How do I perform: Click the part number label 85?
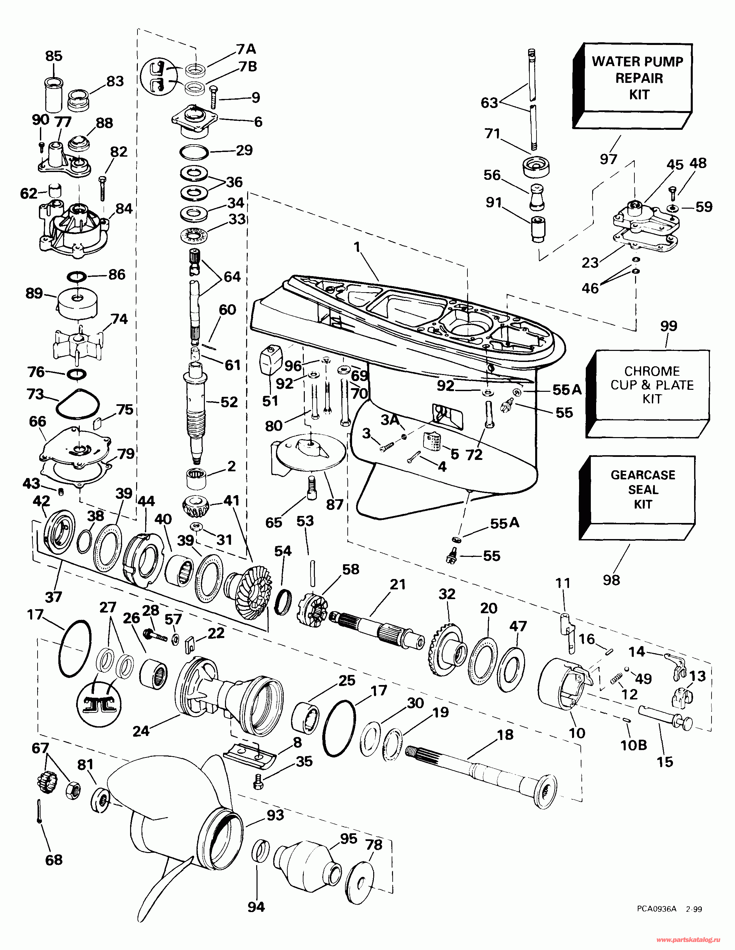coord(54,56)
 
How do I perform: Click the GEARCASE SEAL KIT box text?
coord(643,489)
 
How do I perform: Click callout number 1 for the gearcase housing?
coord(357,247)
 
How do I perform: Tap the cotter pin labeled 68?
coord(39,817)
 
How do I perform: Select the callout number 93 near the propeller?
coord(275,815)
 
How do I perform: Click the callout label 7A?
coord(246,49)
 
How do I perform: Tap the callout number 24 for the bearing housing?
coord(141,731)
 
